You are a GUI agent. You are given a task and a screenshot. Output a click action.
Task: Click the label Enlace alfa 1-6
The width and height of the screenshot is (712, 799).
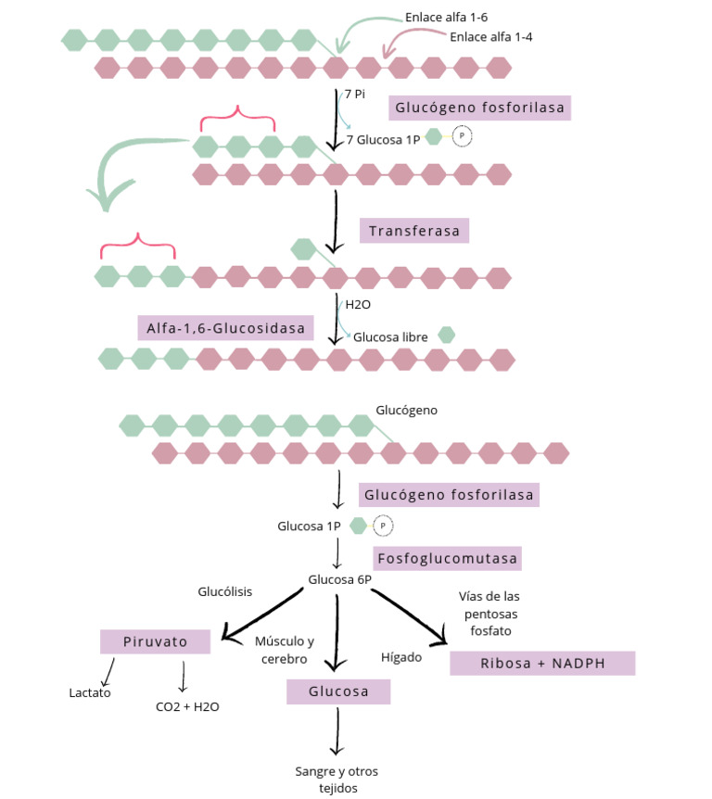tap(448, 18)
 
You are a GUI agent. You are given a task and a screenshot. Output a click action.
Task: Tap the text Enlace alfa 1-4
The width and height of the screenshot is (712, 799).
tap(490, 37)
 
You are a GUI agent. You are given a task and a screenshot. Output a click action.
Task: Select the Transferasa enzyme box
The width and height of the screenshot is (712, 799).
tap(413, 231)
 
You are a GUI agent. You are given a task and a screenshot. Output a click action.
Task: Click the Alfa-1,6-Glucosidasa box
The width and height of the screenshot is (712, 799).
tap(225, 327)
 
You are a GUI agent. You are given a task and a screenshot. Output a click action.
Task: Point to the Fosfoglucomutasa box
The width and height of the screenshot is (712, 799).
tap(448, 559)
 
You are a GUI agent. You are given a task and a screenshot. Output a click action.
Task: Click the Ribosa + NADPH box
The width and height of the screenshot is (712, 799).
tap(541, 663)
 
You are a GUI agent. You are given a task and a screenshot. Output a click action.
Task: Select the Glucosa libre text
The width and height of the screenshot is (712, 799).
tap(390, 337)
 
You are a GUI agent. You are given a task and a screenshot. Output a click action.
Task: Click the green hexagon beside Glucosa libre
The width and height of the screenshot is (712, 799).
tap(446, 335)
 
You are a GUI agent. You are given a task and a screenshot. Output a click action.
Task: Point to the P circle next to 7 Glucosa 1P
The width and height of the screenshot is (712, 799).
tap(462, 137)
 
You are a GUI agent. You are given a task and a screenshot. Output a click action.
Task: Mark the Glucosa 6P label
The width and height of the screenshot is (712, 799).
tap(339, 579)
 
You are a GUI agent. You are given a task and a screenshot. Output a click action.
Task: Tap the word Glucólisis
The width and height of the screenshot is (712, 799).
tap(224, 591)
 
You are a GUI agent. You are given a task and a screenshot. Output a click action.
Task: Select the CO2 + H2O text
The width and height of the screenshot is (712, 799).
tap(187, 705)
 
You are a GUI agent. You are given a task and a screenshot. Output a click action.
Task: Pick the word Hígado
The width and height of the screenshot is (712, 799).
tap(401, 657)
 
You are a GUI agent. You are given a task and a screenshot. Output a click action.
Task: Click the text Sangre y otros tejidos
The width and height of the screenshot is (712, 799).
tap(337, 779)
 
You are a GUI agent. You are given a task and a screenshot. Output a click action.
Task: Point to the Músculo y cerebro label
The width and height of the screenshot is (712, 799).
tap(285, 649)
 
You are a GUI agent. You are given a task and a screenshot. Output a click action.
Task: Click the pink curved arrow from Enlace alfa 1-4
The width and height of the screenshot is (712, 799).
tap(408, 39)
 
